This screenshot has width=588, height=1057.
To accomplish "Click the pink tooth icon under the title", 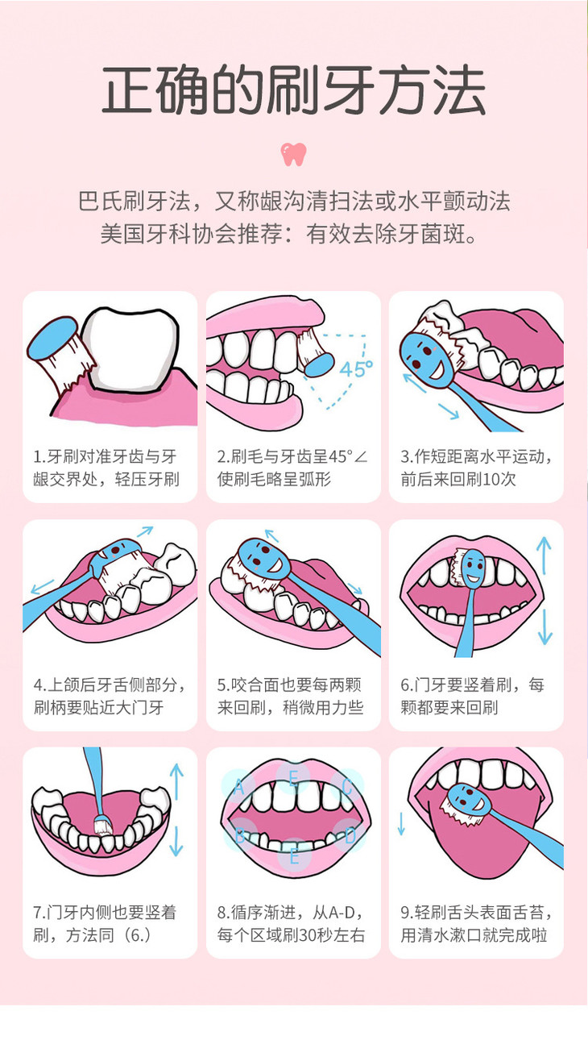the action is coord(293,154).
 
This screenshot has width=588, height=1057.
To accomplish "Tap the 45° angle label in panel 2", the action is coord(356,368).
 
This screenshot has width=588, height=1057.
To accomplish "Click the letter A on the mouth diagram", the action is coord(239,787).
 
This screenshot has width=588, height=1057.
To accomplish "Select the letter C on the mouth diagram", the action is coord(347,787).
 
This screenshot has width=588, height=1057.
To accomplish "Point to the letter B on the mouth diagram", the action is coord(240,837).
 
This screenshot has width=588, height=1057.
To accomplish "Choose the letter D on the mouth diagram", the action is coord(350,837).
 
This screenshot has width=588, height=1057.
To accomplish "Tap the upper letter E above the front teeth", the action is coord(293,777).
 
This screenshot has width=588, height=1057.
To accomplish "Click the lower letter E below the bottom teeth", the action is coord(294,856).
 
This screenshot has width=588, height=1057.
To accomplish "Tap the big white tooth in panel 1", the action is coord(130,349).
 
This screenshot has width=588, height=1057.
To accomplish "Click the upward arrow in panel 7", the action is coord(176,782).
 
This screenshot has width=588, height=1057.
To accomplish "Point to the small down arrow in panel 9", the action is coord(401,824).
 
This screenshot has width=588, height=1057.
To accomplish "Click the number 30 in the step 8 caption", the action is coord(305,934).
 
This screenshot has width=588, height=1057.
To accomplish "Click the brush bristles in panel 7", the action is coord(103,826).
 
